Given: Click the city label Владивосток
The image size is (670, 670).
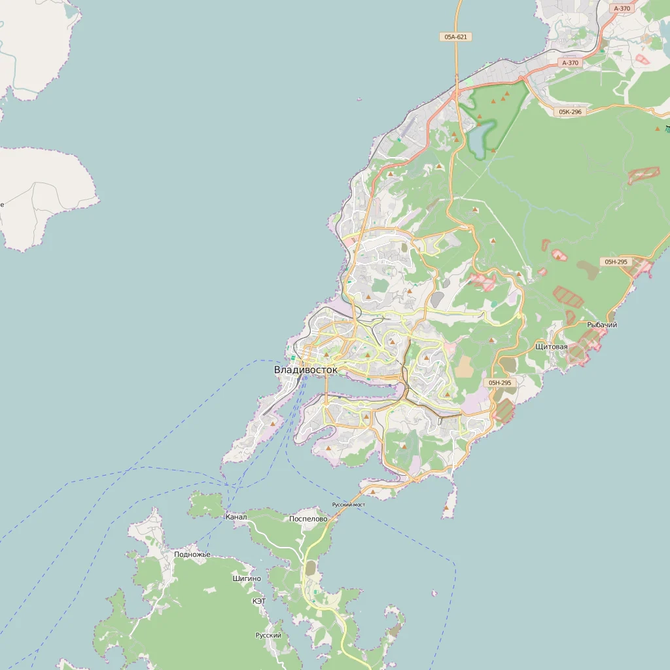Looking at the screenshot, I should point(306,370).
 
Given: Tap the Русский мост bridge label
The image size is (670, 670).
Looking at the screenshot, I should point(348,504).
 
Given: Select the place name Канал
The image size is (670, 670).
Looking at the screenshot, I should point(236,517).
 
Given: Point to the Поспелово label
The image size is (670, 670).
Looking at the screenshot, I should point(308,519).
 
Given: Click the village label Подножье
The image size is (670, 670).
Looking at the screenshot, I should point(192,555).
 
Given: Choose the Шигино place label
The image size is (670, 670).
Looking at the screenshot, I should point(247,578).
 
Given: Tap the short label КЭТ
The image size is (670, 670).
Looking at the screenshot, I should point(259,601).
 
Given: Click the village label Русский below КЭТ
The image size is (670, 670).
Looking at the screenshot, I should point(268,635).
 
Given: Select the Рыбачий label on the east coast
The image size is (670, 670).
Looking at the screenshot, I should point(602,325).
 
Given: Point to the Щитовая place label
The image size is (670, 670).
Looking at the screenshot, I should point(551,346).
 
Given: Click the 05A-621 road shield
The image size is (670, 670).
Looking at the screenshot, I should point(456,37).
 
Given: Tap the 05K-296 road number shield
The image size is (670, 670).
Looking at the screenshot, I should point(570,112).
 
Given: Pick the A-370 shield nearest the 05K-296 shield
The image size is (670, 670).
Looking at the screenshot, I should point(570,63).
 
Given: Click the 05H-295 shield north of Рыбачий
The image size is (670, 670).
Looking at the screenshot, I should point(616,262).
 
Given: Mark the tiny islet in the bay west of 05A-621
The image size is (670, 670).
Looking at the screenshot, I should point(359,99).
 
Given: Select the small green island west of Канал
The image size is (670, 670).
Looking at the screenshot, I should point(207,504).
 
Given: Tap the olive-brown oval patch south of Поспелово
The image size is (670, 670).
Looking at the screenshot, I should point(310,567).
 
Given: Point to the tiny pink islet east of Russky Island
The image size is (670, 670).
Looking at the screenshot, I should point(434,593).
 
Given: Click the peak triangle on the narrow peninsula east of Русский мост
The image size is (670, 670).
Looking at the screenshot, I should point(446,507).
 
